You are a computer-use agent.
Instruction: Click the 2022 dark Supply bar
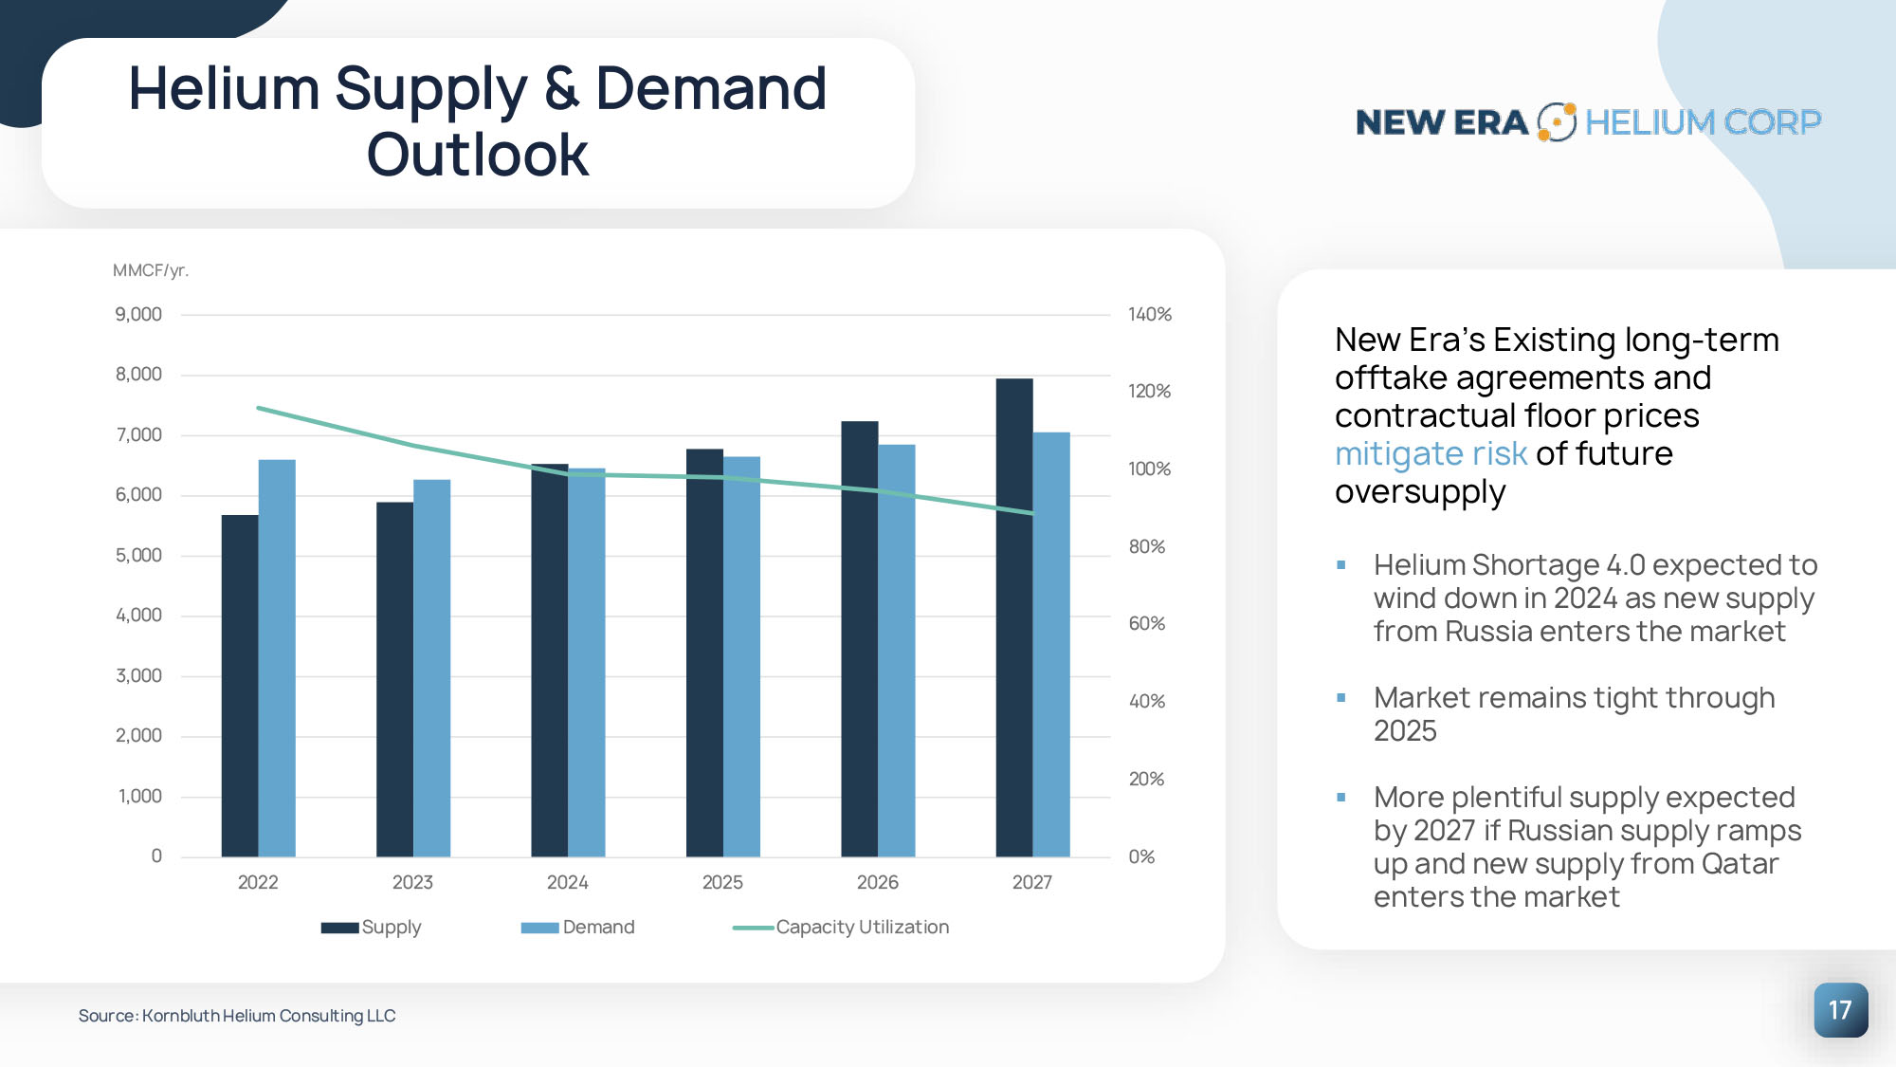coord(240,686)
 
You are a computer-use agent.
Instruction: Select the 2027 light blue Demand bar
coord(1051,645)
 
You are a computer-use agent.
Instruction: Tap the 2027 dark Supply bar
coord(1014,617)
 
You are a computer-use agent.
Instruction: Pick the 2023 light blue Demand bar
coord(432,669)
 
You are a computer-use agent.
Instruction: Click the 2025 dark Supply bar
coord(704,653)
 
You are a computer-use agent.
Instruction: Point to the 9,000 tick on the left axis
coord(138,314)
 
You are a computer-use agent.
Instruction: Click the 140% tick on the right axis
coord(1150,314)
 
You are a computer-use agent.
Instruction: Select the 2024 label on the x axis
coord(568,882)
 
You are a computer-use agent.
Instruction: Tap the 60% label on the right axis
coord(1147,623)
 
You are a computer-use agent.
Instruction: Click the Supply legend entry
coord(372,927)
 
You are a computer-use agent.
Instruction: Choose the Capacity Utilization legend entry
coord(841,927)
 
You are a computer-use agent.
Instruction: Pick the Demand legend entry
coord(578,927)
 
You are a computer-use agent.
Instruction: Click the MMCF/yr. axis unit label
coord(151,270)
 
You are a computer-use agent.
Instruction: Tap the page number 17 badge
coord(1841,1010)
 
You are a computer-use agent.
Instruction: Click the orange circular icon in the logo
coord(1557,121)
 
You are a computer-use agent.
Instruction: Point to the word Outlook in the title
coord(478,155)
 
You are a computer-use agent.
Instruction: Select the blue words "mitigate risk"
coord(1431,454)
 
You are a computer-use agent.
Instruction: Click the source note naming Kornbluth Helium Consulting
coord(237,1016)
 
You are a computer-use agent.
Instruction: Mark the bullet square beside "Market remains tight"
coord(1341,698)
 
